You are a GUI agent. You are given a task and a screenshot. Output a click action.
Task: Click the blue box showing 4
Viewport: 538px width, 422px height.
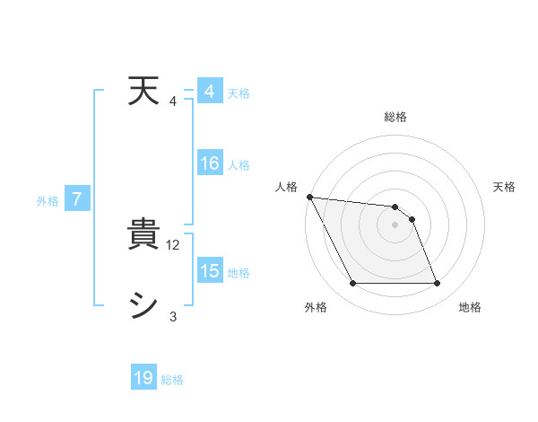pyautogui.click(x=209, y=92)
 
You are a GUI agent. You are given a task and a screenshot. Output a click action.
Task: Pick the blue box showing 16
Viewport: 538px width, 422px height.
pyautogui.click(x=209, y=164)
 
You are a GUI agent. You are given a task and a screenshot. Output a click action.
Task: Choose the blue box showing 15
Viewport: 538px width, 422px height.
pyautogui.click(x=209, y=271)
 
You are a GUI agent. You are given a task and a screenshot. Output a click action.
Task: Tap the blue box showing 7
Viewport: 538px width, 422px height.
pyautogui.click(x=77, y=199)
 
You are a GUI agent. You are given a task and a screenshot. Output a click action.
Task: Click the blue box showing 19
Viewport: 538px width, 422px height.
pyautogui.click(x=143, y=379)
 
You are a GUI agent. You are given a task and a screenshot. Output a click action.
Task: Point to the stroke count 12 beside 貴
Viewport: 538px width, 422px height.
pyautogui.click(x=174, y=245)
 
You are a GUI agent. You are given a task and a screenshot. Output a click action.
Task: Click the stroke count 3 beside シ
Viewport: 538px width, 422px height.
pyautogui.click(x=173, y=316)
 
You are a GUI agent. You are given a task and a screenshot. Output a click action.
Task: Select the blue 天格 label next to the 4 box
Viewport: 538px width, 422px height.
pyautogui.click(x=239, y=93)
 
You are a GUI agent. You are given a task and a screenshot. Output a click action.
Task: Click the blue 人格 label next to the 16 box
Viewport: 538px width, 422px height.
pyautogui.click(x=239, y=165)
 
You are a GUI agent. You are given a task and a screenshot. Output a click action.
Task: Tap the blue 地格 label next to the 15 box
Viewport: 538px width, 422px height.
pyautogui.click(x=239, y=272)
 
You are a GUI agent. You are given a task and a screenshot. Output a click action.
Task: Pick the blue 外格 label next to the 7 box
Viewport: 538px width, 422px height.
pyautogui.click(x=48, y=201)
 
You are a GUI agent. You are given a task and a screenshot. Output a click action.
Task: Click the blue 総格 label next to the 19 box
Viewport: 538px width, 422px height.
pyautogui.click(x=172, y=380)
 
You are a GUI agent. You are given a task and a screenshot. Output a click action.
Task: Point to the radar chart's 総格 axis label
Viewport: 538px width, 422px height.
pyautogui.click(x=395, y=117)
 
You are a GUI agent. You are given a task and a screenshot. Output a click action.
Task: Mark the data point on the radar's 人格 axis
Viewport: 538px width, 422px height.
pyautogui.click(x=309, y=197)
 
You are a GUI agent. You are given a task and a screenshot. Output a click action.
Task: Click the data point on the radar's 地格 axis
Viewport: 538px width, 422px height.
pyautogui.click(x=437, y=284)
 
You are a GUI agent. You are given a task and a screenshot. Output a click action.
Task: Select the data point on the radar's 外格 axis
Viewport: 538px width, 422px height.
pyautogui.click(x=352, y=284)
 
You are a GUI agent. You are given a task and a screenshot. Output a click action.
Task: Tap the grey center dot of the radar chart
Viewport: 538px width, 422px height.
pyautogui.click(x=395, y=224)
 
